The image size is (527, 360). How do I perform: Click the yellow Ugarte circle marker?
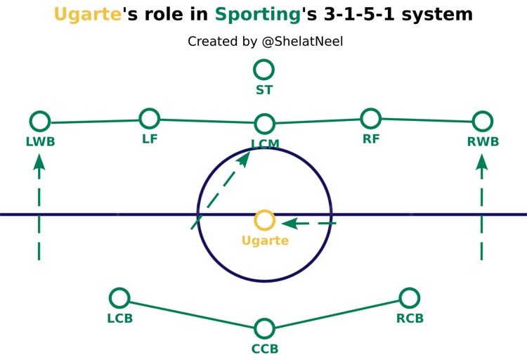[264, 220]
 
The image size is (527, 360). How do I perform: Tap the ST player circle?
[263, 70]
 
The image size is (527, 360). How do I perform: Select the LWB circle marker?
[40, 122]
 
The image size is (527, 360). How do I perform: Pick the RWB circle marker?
[482, 122]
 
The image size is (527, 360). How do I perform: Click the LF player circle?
[150, 118]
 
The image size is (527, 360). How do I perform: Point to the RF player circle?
[370, 118]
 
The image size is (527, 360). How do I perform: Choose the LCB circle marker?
[119, 297]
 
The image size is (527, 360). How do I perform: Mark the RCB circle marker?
[409, 297]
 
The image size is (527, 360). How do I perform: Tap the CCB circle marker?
[264, 328]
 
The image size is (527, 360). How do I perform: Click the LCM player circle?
[264, 124]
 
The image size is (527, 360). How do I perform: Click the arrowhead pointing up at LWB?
[39, 162]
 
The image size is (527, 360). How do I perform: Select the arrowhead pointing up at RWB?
[482, 162]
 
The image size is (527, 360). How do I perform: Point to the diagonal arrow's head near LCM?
[244, 158]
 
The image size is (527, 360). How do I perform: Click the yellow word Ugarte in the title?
[88, 15]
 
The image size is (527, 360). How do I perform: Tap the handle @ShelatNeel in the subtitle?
[302, 42]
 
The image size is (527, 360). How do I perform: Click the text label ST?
[264, 90]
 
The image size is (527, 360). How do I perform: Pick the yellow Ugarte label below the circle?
[265, 241]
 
